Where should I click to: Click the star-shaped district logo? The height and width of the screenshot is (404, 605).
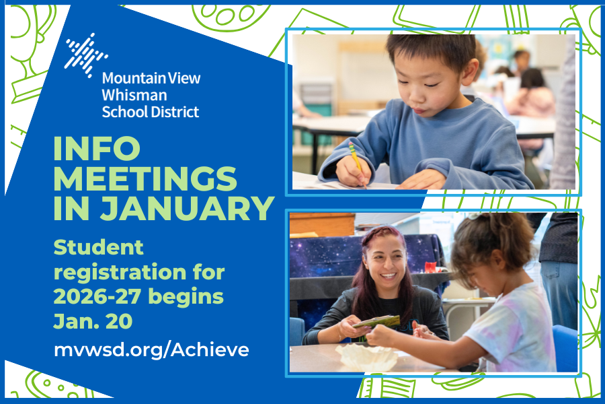coord(85,56)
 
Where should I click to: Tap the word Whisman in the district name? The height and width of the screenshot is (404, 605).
coord(134,95)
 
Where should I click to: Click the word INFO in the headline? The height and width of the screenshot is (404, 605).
coord(97,148)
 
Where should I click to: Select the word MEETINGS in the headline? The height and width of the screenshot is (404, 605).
coord(145,178)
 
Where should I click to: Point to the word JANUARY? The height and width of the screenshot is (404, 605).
coord(188,209)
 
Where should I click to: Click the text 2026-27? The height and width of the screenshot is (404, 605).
coord(98,297)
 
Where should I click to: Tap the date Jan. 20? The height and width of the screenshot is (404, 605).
coord(93,321)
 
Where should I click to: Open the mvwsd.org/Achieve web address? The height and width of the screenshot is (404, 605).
coord(151,350)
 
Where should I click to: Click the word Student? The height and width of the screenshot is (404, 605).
coord(98,247)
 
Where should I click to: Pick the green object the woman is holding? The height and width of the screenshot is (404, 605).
coord(377,321)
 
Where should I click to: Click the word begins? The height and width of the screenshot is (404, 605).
coord(186,298)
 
